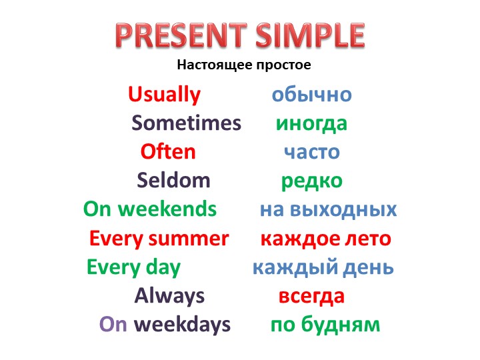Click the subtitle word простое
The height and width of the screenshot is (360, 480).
[280, 65]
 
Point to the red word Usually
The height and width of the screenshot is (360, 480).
[164, 95]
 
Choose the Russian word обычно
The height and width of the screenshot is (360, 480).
[311, 95]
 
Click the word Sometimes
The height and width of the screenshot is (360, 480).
[186, 123]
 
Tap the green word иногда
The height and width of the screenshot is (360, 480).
[311, 124]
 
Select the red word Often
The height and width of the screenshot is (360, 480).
[168, 152]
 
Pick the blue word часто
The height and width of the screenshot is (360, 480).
[312, 153]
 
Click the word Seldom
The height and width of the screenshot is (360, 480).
[173, 181]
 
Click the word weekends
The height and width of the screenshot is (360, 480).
[167, 209]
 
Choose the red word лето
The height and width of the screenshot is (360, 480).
[369, 239]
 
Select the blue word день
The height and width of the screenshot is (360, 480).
[369, 268]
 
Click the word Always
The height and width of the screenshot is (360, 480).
[169, 295]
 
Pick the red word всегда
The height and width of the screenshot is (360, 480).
[311, 296]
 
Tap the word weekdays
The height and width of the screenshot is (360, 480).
[182, 325]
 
